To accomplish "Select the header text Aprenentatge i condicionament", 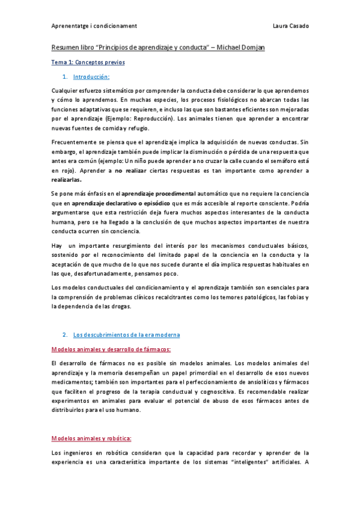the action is tap(94, 26).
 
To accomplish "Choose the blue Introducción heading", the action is tap(91, 77).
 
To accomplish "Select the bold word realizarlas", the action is tap(67, 180).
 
